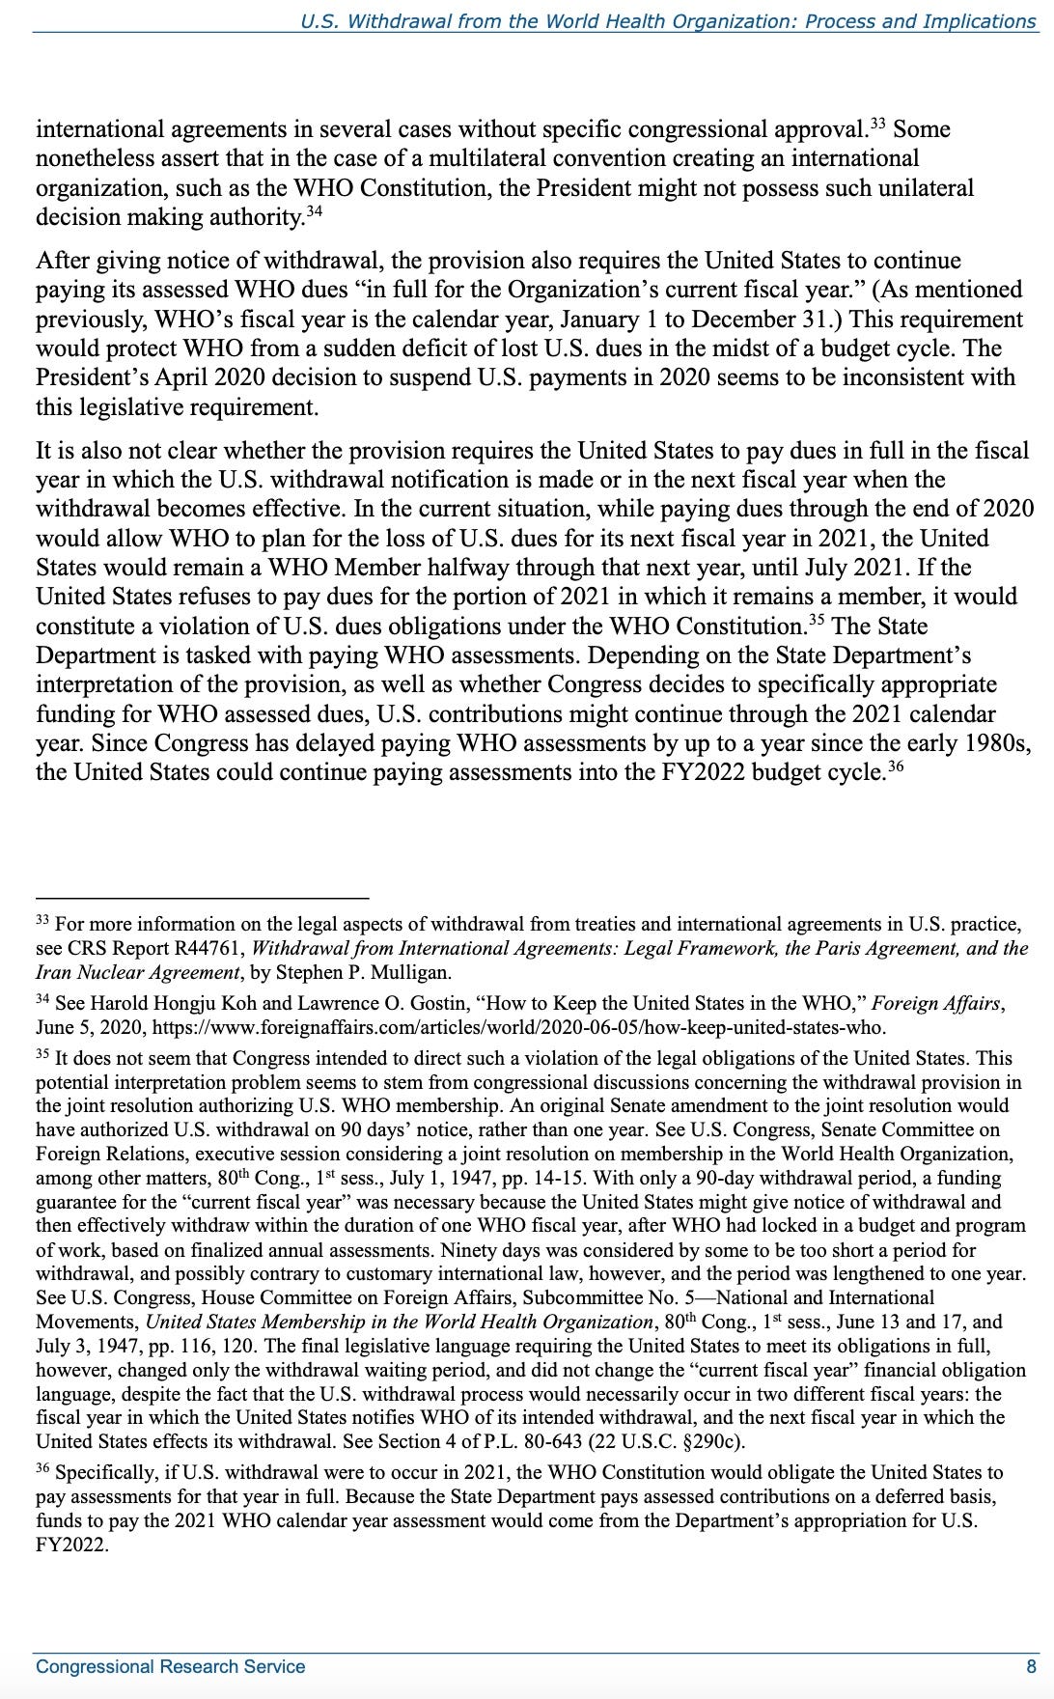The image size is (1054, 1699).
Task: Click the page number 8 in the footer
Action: click(x=1031, y=1666)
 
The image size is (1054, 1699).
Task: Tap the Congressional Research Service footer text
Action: click(x=170, y=1666)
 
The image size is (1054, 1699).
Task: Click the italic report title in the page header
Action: click(x=668, y=20)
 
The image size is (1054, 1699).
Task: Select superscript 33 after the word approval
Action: click(x=878, y=124)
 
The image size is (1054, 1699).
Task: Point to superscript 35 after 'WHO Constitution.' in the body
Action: click(x=817, y=620)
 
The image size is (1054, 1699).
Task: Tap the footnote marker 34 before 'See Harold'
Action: click(x=42, y=998)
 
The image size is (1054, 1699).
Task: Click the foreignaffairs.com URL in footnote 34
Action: click(x=519, y=1027)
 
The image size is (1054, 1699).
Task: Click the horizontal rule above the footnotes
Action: click(x=203, y=898)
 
